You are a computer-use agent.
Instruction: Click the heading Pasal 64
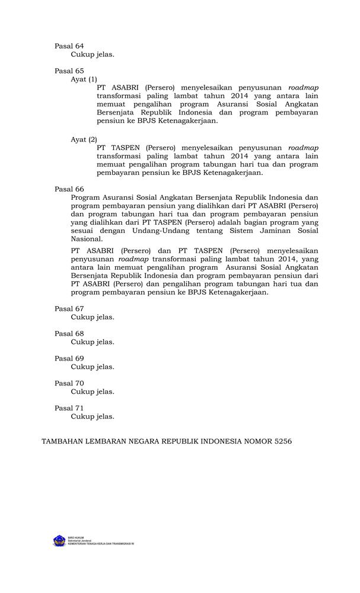pos(69,46)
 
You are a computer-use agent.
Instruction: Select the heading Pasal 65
pos(69,71)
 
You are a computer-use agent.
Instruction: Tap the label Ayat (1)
pos(84,79)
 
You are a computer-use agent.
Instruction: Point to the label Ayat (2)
pos(84,139)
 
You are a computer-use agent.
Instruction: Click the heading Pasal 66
pos(69,189)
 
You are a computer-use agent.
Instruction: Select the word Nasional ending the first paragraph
pos(85,239)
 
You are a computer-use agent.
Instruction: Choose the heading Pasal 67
pos(69,309)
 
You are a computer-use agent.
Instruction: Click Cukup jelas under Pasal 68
pos(93,342)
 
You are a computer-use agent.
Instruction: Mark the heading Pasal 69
pos(69,359)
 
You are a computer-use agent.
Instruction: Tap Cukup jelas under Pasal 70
pos(93,392)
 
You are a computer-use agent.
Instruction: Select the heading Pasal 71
pos(69,409)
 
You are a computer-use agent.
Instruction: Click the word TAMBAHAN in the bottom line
pos(63,442)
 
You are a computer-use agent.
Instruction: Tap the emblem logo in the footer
pos(59,541)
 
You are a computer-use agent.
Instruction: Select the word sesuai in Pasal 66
pos(82,231)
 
